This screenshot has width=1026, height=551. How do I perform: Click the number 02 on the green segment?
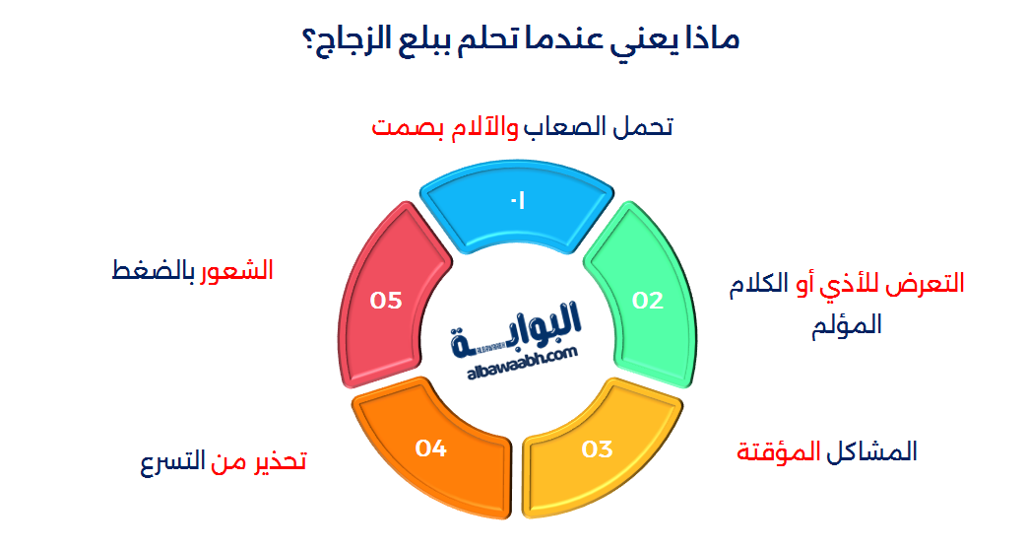(x=648, y=301)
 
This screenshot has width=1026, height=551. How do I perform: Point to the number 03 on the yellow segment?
(x=597, y=449)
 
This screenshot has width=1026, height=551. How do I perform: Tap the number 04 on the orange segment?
(x=430, y=448)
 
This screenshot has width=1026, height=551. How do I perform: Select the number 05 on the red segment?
(x=386, y=301)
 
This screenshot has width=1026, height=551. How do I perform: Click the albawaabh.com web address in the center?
(x=522, y=364)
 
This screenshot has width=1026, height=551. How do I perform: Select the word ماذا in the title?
(x=713, y=38)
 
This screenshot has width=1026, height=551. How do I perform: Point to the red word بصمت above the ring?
(x=408, y=127)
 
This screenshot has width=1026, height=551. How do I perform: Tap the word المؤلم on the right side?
(x=847, y=325)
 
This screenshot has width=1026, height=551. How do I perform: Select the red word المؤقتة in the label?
(x=779, y=451)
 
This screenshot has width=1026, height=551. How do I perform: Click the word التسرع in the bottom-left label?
(x=172, y=461)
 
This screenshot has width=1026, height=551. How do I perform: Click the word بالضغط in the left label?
(x=154, y=271)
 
